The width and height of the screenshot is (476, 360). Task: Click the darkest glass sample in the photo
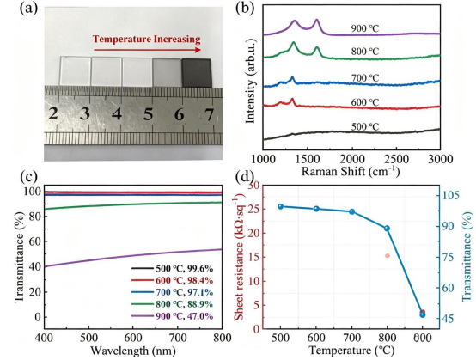[x=197, y=72]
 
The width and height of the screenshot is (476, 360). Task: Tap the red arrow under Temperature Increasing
[x=147, y=50]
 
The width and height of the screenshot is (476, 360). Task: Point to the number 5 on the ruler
[x=148, y=115]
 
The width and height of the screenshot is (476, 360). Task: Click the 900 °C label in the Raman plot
[x=365, y=28]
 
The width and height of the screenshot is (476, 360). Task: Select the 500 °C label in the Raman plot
[x=365, y=126]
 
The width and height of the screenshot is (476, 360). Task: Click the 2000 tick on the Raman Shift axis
[x=352, y=159]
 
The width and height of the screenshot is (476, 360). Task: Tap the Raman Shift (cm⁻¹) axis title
[x=351, y=171]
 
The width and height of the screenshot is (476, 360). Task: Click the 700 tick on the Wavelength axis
[x=178, y=338]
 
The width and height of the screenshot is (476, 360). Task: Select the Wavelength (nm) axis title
[x=133, y=351]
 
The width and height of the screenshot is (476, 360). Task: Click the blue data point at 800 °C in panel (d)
[x=387, y=229]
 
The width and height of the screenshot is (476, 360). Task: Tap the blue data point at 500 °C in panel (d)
[x=280, y=207]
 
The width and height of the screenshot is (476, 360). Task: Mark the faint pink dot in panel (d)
[x=388, y=255]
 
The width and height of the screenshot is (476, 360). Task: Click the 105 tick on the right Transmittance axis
[x=452, y=195]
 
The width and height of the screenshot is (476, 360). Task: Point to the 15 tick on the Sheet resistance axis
[x=254, y=257]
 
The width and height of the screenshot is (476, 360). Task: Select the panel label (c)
[x=28, y=177]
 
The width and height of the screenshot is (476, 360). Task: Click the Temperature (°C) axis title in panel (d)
[x=351, y=351]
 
